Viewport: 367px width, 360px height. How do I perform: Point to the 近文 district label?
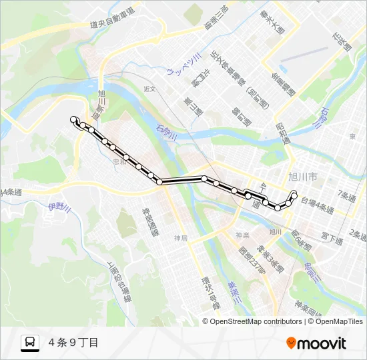tap(149, 88)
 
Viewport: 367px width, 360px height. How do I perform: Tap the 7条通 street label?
tap(348, 195)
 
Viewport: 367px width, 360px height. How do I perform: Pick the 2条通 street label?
tap(358, 234)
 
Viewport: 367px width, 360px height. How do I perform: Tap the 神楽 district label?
tap(242, 235)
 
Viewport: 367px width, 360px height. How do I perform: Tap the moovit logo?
tap(316, 343)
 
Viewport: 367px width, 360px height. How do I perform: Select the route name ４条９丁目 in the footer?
tap(73, 343)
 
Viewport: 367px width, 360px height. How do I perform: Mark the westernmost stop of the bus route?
tap(74, 119)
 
